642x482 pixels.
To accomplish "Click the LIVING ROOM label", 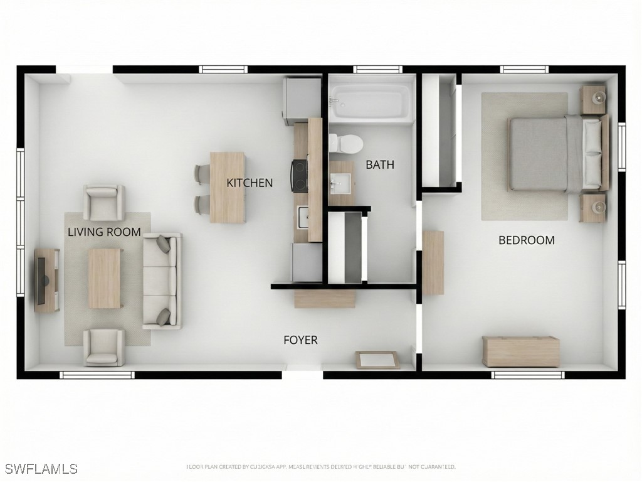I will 104,232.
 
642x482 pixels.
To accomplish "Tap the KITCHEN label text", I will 250,183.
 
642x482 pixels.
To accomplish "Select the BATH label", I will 380,165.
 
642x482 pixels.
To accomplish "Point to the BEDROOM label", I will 527,240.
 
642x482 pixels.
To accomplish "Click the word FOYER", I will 300,340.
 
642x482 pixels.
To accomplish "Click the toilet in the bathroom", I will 347,144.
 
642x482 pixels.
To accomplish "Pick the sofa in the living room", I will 162,281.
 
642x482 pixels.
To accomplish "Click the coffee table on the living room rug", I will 105,278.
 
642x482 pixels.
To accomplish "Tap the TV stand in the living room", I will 46,280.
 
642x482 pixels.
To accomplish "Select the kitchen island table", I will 228,187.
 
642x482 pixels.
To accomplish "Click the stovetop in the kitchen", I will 299,175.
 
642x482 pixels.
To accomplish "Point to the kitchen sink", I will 303,217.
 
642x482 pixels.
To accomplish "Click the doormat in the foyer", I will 377,360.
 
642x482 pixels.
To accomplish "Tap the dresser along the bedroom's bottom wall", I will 520,351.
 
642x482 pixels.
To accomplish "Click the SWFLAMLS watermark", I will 41,469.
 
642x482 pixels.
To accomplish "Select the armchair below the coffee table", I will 104,346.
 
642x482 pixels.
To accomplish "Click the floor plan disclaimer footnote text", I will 320,467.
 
